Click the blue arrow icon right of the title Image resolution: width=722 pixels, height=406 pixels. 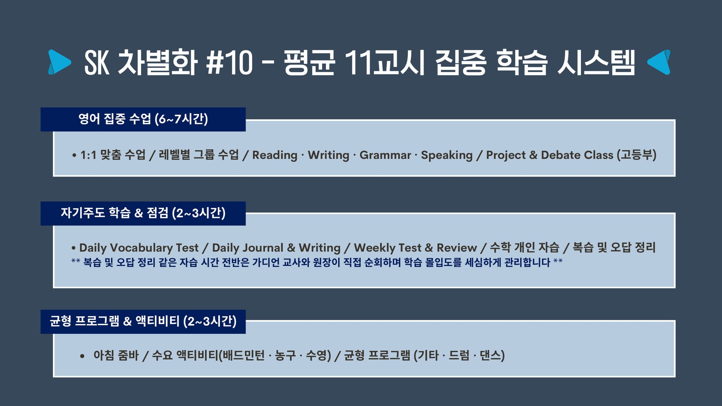659,62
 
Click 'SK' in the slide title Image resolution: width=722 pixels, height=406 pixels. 96,62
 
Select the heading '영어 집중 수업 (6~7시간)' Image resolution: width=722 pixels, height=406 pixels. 143,119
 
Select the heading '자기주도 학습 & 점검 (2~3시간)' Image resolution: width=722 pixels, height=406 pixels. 143,213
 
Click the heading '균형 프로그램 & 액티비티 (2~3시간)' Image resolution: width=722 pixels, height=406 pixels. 143,321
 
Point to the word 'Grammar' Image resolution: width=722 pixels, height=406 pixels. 385,155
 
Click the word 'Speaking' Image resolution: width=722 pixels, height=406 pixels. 447,155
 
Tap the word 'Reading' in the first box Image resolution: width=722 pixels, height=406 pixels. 275,155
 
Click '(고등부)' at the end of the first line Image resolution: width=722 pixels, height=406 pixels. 636,155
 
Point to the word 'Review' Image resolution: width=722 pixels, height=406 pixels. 457,248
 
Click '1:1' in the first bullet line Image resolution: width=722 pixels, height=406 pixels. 88,155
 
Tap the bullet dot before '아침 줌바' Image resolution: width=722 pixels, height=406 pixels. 82,356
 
